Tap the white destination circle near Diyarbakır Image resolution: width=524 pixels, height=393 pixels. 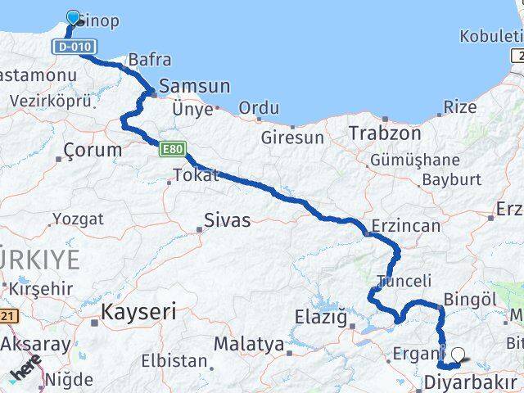[458, 355]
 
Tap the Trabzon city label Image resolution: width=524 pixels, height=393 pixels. [385, 133]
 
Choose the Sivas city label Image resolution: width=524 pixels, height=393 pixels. [227, 219]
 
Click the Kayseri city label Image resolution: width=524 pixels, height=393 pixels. [138, 311]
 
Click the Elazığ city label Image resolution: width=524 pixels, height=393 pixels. [325, 316]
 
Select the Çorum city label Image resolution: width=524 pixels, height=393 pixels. [92, 151]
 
